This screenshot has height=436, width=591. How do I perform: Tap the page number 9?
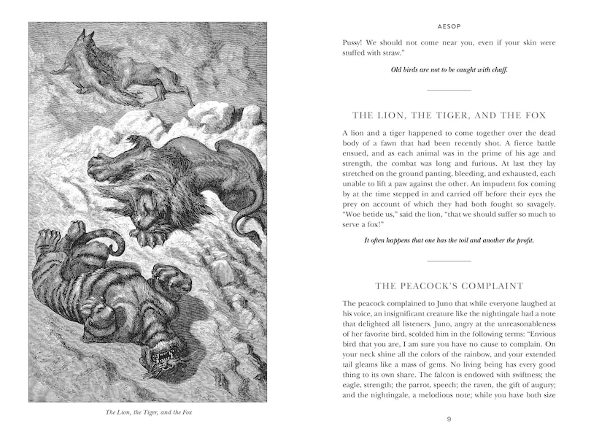tap(449, 418)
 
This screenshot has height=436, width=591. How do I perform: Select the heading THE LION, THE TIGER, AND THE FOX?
tap(449, 115)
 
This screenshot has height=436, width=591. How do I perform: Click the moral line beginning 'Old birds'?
tap(449, 70)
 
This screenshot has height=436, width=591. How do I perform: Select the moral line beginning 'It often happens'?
tap(449, 240)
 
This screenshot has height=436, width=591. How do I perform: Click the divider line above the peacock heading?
tap(449, 260)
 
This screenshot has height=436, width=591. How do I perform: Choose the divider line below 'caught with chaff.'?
tap(449, 91)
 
